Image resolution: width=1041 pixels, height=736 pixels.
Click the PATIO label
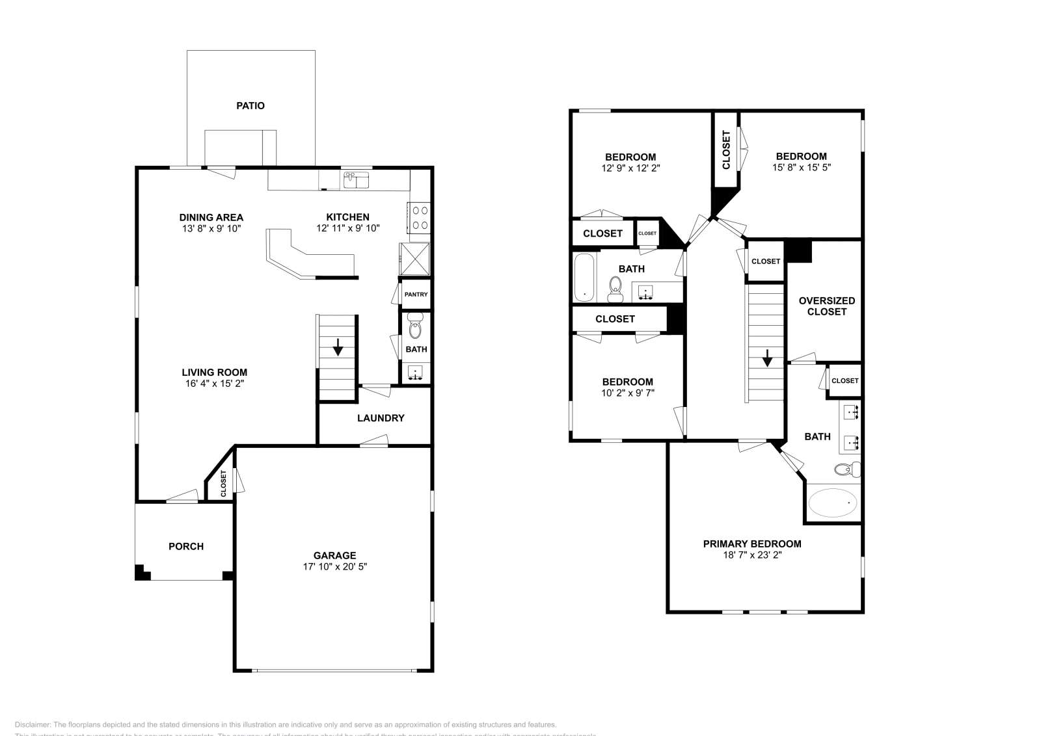pos(250,105)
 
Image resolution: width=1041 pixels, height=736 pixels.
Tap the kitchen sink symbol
pos(356,180)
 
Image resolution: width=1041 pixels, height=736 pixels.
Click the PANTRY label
pos(416,295)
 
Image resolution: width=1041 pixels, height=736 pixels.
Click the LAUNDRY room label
pos(381,418)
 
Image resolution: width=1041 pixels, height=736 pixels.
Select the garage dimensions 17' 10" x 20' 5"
pos(334,566)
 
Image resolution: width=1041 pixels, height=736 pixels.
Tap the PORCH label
pos(186,546)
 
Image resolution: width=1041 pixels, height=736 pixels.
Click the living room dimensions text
pos(214,384)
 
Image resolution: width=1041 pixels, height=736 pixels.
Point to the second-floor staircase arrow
pos(767,358)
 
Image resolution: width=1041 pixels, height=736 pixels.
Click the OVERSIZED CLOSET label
pos(826,306)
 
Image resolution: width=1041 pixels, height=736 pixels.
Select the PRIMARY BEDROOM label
pos(751,544)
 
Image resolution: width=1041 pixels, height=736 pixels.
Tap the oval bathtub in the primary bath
pos(833,503)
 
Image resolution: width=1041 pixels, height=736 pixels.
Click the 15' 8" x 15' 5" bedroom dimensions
pos(801,167)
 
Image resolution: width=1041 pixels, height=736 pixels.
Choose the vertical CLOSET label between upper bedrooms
pos(726,150)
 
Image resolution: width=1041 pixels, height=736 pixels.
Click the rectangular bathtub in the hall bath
pos(584,278)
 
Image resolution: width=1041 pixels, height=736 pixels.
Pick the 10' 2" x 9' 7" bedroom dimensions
pos(627,393)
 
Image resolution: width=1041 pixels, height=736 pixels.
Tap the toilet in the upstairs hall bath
pos(615,289)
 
